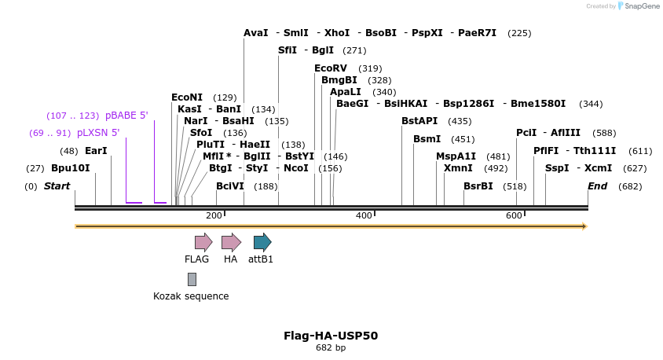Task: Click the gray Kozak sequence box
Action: click(192, 279)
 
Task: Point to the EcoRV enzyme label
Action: click(331, 68)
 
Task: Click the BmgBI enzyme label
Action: click(339, 80)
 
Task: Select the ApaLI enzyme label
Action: click(346, 92)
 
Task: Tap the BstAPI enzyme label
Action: click(419, 121)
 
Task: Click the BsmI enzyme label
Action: click(427, 139)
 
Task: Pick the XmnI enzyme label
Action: click(458, 168)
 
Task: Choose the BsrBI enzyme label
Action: click(478, 186)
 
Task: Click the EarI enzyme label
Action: click(96, 151)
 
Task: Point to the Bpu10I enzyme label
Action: click(71, 168)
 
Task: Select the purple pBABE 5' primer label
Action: click(126, 116)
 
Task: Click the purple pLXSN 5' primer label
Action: click(98, 133)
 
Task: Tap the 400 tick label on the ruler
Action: click(364, 215)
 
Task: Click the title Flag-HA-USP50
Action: click(331, 336)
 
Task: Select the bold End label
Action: click(598, 186)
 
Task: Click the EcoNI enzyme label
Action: click(187, 97)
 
